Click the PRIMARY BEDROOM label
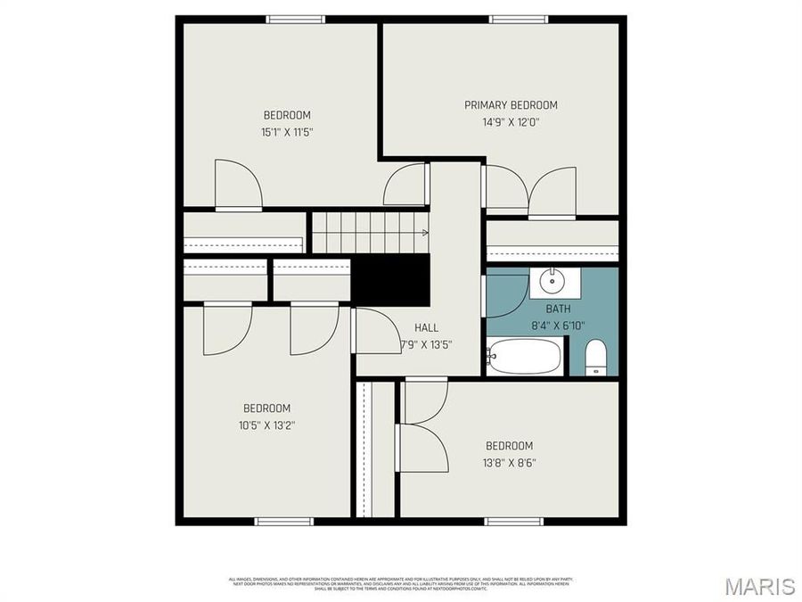click(x=511, y=105)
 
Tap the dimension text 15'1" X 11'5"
click(x=286, y=132)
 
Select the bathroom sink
click(x=552, y=282)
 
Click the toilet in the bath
click(x=595, y=359)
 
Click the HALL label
click(x=426, y=327)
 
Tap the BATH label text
click(x=558, y=309)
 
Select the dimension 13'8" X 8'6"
click(x=510, y=462)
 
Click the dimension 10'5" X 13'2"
click(x=266, y=425)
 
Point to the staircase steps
click(x=369, y=232)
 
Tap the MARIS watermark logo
click(x=759, y=586)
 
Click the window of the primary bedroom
click(x=518, y=19)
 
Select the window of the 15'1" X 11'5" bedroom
click(x=295, y=19)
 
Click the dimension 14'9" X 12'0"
click(x=511, y=122)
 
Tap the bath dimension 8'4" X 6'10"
click(x=558, y=326)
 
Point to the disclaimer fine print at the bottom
click(x=400, y=583)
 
